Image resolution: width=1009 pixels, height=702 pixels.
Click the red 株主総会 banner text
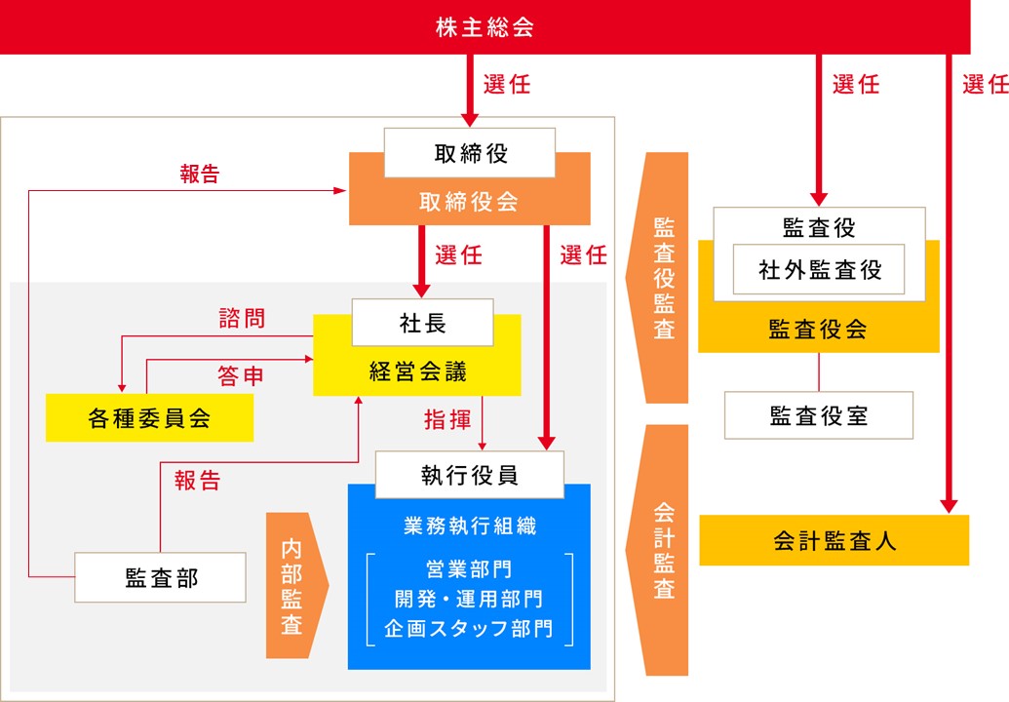pyautogui.click(x=485, y=27)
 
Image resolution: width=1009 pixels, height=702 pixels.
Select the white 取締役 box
pyautogui.click(x=470, y=153)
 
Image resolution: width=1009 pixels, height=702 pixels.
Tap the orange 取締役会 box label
pyautogui.click(x=470, y=202)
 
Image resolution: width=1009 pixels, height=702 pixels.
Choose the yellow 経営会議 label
pyautogui.click(x=417, y=371)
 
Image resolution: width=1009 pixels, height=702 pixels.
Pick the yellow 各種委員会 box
pyautogui.click(x=149, y=418)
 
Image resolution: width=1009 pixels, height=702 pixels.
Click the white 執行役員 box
pyautogui.click(x=469, y=475)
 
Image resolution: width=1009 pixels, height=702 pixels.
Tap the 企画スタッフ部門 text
pyautogui.click(x=469, y=628)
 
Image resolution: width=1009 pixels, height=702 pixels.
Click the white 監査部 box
pyautogui.click(x=161, y=578)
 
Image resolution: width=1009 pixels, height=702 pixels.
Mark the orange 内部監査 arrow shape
pyautogui.click(x=293, y=585)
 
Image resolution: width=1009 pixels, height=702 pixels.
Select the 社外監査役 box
pyautogui.click(x=819, y=269)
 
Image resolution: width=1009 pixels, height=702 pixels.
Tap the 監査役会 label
pyautogui.click(x=818, y=329)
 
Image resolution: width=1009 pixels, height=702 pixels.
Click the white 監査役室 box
pyautogui.click(x=818, y=416)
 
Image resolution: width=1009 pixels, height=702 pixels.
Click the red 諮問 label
pyautogui.click(x=242, y=318)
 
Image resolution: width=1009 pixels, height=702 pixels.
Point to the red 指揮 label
pyautogui.click(x=447, y=420)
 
